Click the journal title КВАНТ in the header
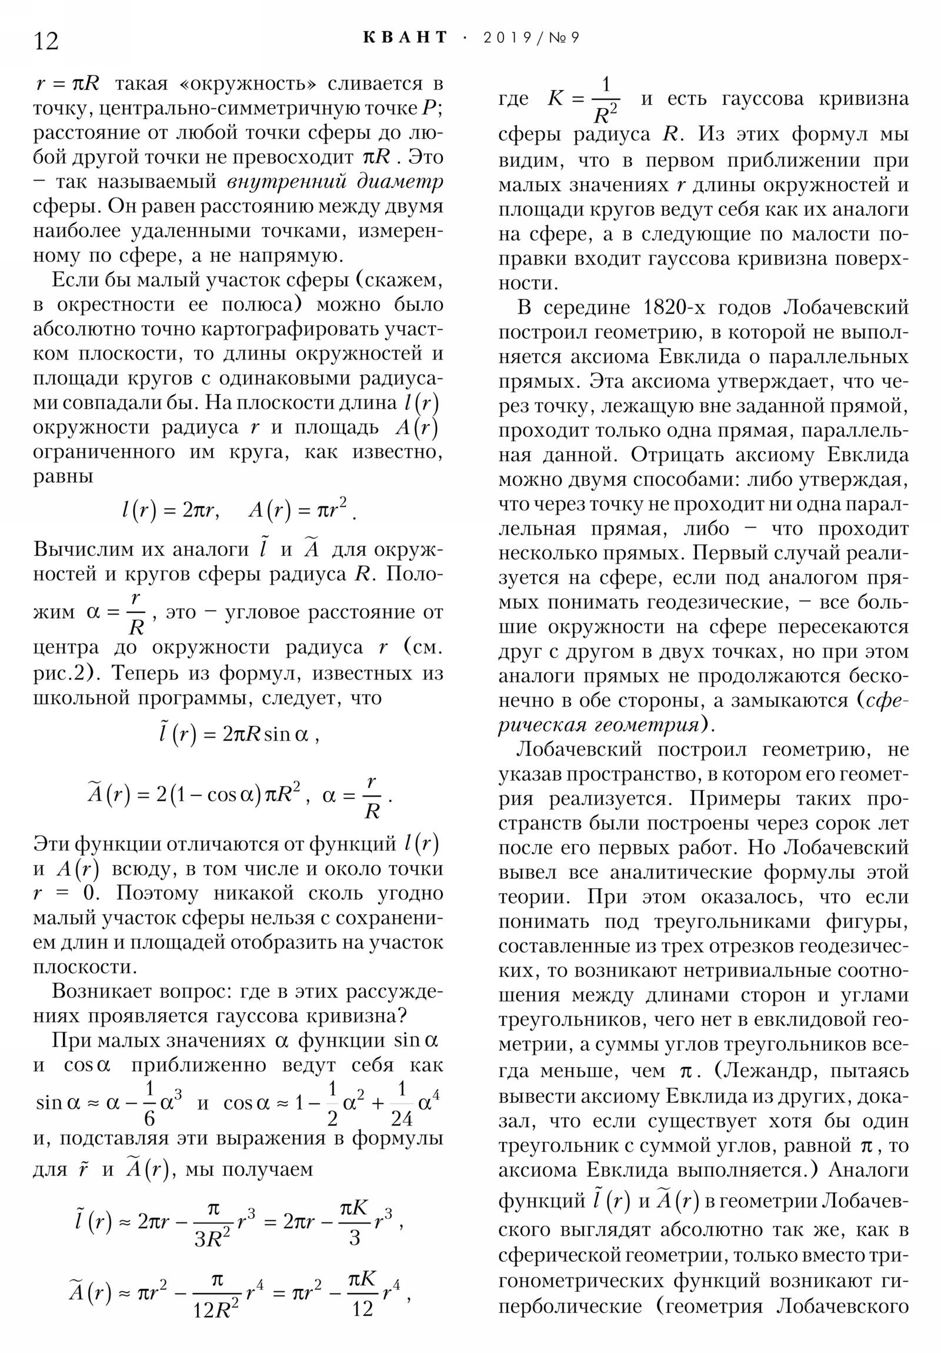(x=405, y=38)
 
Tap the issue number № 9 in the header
(x=564, y=38)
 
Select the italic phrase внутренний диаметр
(x=335, y=182)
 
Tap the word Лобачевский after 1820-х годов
(x=846, y=308)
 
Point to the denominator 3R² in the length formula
(x=212, y=1239)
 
